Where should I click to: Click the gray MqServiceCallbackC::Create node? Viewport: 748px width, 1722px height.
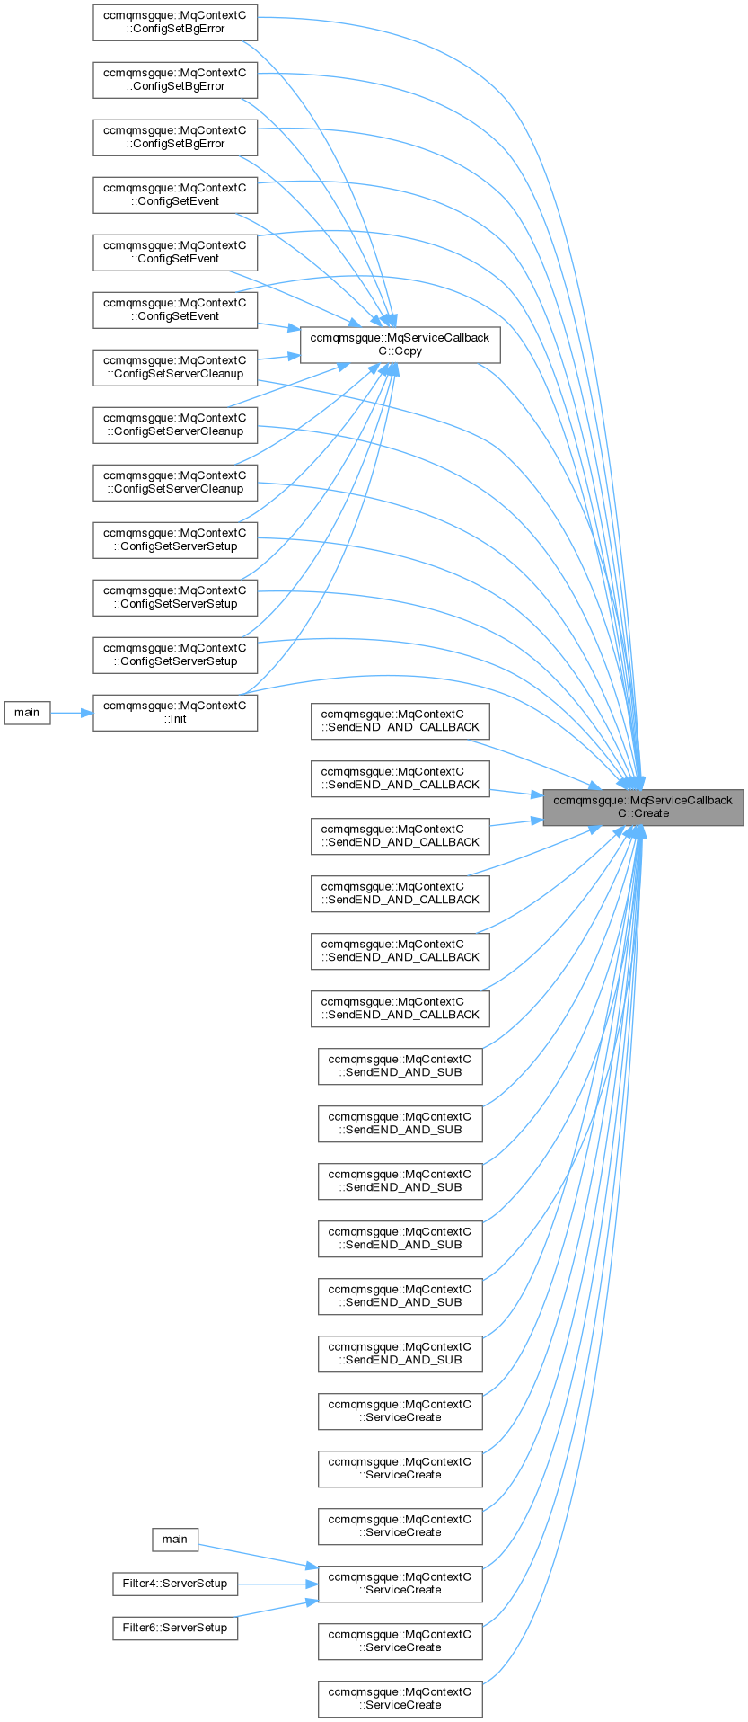pos(643,806)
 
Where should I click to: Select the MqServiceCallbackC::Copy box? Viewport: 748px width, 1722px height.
pos(400,344)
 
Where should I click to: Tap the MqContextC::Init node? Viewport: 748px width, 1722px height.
pos(175,712)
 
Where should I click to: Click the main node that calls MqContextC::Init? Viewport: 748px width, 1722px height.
pos(27,712)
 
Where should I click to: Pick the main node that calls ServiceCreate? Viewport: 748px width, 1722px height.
pos(174,1539)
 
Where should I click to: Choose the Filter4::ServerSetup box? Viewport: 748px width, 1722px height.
pos(175,1583)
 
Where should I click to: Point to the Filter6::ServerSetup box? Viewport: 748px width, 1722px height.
pos(175,1627)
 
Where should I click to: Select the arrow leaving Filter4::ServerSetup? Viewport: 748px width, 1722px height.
pos(278,1584)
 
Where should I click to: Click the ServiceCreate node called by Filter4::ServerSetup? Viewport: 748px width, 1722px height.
pos(400,1583)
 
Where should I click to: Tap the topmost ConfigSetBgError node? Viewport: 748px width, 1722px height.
pos(175,22)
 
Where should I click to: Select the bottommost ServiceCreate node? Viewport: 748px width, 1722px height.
pos(400,1698)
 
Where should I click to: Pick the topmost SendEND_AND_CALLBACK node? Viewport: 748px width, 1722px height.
pos(400,720)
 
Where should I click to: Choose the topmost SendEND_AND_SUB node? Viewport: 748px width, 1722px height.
pos(400,1065)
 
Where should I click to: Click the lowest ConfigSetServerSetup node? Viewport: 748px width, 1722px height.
pos(175,654)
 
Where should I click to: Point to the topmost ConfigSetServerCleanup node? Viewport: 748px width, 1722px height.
pos(175,367)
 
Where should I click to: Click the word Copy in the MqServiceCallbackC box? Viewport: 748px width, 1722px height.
pos(409,351)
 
